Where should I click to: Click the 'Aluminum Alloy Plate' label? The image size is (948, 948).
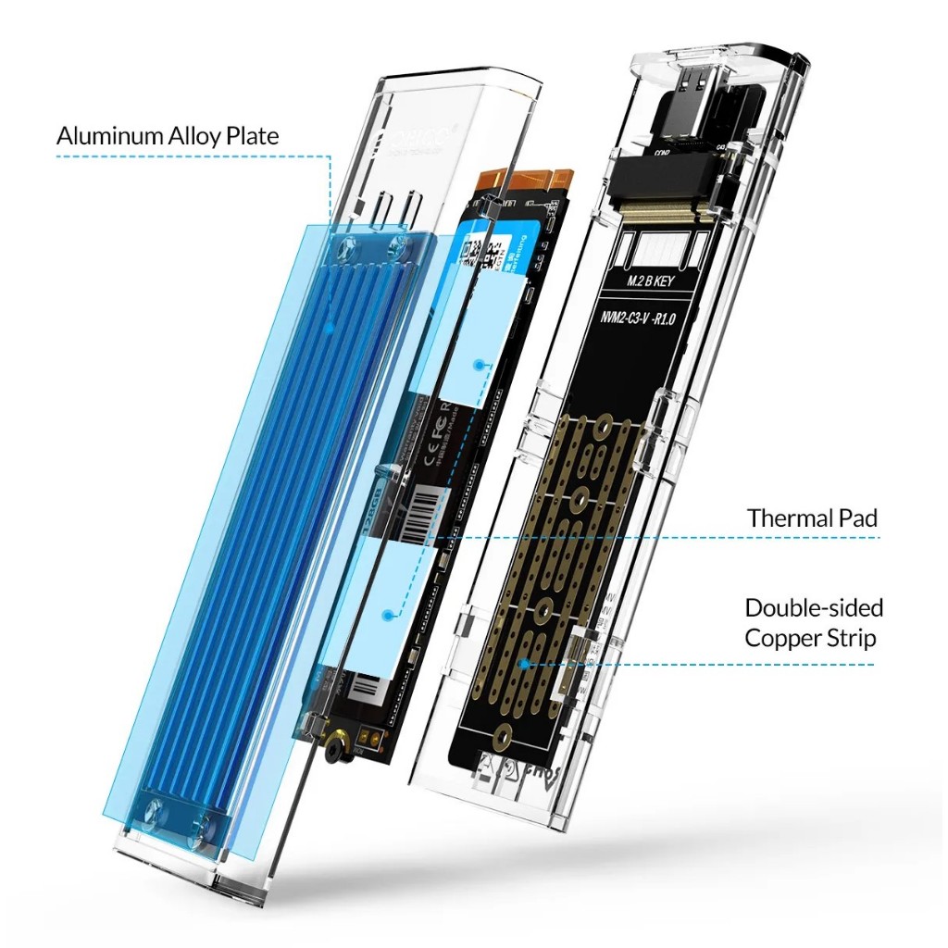pos(168,136)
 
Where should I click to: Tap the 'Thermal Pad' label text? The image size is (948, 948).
pos(812,518)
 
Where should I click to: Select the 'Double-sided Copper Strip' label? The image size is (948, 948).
pos(813,623)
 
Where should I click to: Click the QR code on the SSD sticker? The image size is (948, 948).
pos(472,252)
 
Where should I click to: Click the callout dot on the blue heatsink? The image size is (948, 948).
pos(330,328)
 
